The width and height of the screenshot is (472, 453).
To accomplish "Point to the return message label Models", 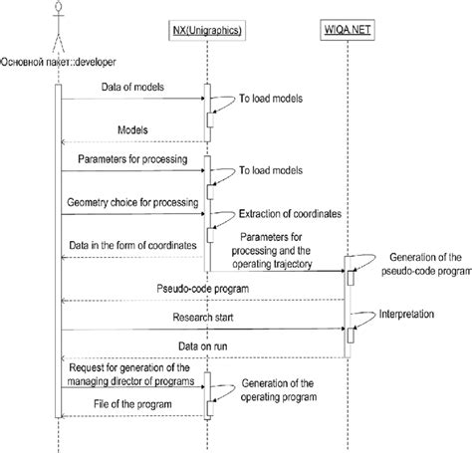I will coord(133,129).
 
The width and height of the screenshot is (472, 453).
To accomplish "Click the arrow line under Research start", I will coord(199,330).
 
